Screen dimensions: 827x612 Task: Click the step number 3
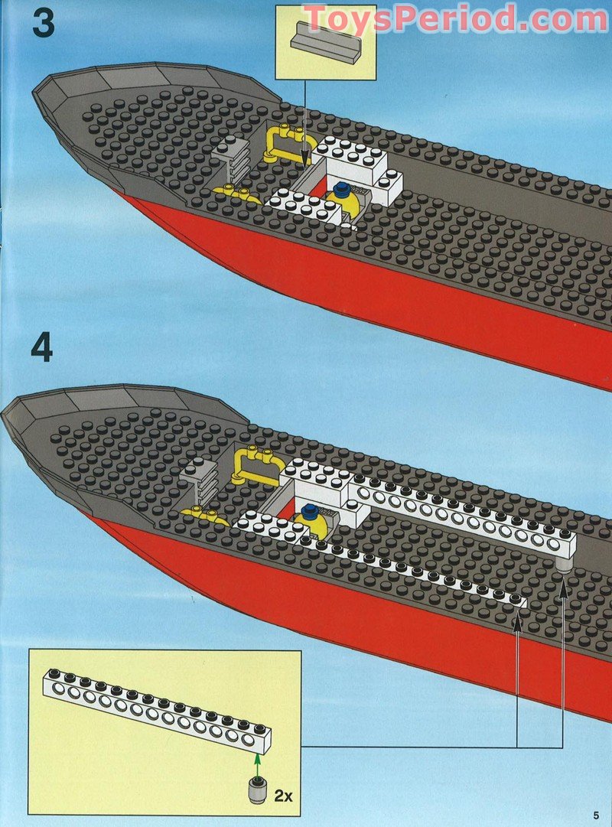point(43,23)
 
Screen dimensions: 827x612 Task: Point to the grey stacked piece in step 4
point(197,477)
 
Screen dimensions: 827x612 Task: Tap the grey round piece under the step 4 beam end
point(565,564)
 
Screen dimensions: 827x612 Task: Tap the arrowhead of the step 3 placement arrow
point(305,160)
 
